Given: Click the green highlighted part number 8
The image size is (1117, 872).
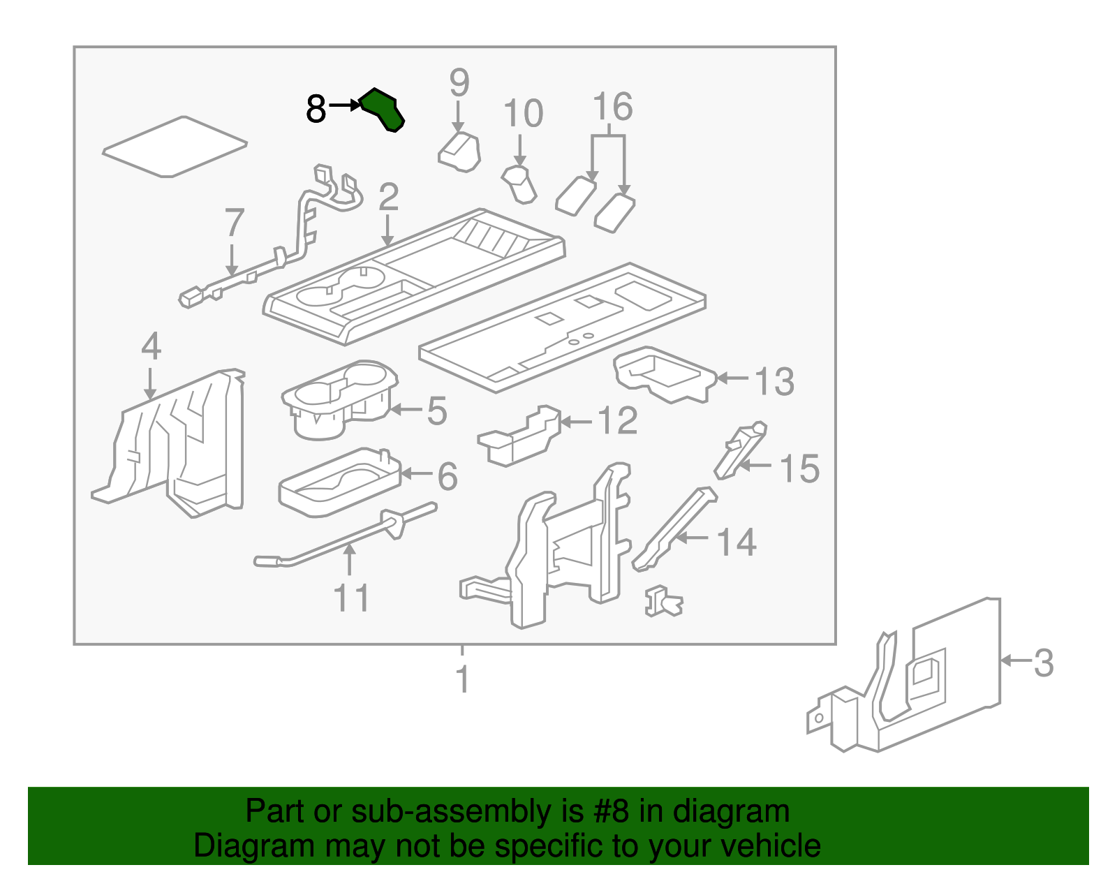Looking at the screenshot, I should click(382, 110).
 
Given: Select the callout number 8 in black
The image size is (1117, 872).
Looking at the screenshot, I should click(316, 110).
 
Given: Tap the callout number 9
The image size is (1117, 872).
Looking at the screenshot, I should click(459, 83).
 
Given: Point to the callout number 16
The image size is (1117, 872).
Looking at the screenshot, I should click(612, 107).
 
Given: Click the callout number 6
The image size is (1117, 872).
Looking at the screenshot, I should click(447, 476).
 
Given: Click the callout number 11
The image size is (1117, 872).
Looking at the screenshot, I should click(351, 598).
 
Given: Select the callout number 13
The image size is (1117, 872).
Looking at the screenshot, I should click(774, 381).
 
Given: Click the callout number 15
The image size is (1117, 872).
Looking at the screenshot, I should click(799, 468).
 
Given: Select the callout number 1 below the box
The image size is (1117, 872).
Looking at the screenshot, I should click(462, 679).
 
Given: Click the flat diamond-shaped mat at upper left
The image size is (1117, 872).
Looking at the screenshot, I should click(175, 147).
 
